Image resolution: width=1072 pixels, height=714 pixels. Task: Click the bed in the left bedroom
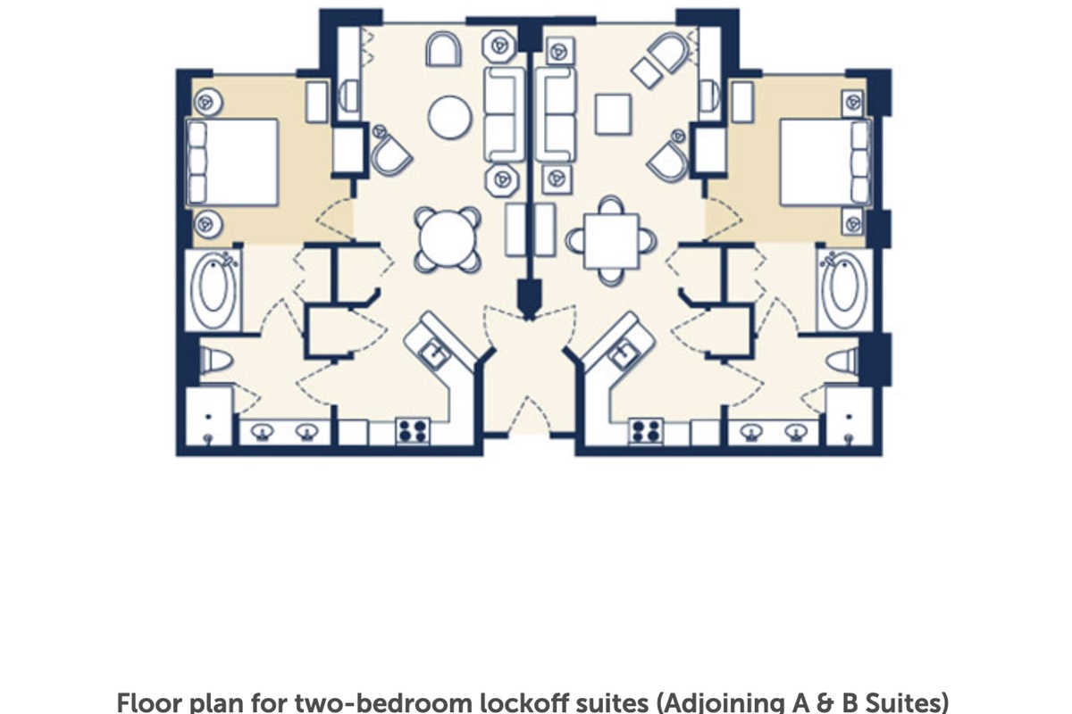(232, 162)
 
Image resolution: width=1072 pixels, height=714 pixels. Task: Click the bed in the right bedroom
(825, 162)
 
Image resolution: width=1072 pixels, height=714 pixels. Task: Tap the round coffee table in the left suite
(450, 117)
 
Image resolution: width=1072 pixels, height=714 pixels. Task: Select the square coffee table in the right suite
(613, 114)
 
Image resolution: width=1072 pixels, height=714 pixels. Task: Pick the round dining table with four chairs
(448, 239)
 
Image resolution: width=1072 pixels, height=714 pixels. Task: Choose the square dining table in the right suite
(611, 241)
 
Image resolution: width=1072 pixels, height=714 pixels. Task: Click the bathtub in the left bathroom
(214, 290)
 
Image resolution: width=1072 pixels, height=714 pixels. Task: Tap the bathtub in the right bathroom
(845, 290)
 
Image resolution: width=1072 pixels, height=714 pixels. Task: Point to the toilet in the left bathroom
(216, 361)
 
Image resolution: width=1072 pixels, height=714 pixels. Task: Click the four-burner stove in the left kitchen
(413, 431)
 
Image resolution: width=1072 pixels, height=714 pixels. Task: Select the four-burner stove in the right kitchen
(646, 431)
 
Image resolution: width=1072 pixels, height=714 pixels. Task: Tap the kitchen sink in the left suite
(435, 354)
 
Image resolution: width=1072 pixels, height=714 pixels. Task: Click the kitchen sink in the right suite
(624, 354)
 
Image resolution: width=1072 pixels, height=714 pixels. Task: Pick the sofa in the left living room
(504, 114)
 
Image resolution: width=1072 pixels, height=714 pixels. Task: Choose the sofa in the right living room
(556, 114)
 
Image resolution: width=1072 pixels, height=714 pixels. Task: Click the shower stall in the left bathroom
(209, 416)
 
